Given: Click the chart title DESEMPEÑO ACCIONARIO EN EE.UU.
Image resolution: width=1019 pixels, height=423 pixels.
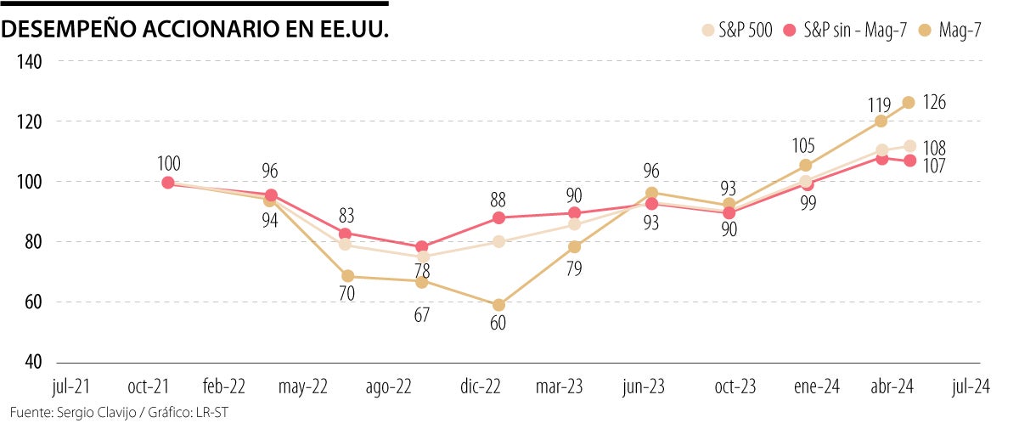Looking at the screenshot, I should click(196, 30).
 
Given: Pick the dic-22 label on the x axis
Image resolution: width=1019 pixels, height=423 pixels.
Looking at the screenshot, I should click(481, 386).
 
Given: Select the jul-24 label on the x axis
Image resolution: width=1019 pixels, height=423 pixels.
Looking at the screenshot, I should click(970, 386).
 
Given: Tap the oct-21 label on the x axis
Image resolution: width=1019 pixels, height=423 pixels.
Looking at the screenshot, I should click(149, 386).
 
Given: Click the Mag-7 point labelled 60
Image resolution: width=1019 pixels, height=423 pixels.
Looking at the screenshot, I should click(499, 305).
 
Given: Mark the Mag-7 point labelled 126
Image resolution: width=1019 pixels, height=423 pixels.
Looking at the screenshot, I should click(908, 102).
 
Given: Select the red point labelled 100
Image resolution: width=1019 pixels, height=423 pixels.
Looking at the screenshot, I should click(168, 182).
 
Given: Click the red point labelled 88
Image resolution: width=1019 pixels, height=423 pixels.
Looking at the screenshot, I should click(499, 217).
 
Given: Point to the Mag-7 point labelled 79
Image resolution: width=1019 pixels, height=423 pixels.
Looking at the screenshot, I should click(575, 246).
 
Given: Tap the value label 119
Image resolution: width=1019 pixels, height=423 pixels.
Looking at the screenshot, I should click(879, 106).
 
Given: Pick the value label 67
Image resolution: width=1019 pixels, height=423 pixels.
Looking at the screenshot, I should click(422, 315).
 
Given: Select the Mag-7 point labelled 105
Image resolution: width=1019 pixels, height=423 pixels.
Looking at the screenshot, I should click(806, 166).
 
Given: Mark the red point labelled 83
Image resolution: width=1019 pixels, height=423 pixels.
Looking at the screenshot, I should click(345, 233).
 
